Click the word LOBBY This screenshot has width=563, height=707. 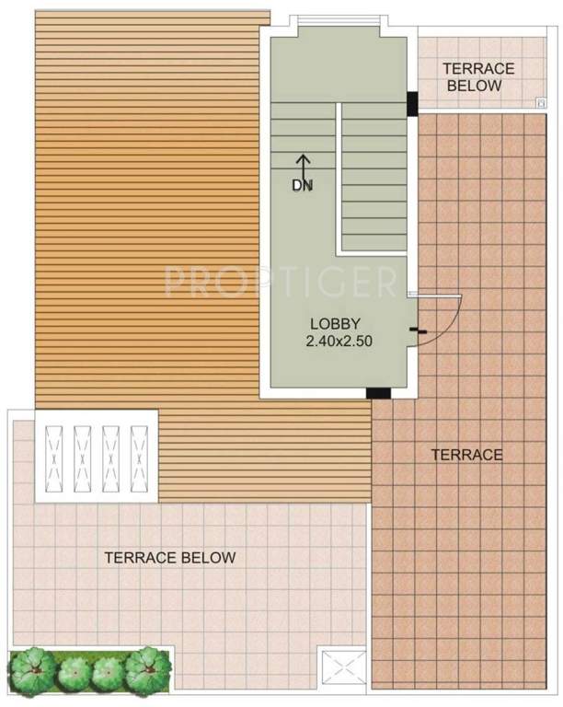click(334, 323)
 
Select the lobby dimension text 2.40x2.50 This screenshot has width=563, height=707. click(338, 341)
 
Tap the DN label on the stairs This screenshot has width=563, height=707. click(303, 185)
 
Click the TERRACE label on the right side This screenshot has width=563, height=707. click(467, 455)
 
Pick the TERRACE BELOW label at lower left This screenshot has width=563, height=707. click(169, 557)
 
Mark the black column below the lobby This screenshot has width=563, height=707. click(378, 394)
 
